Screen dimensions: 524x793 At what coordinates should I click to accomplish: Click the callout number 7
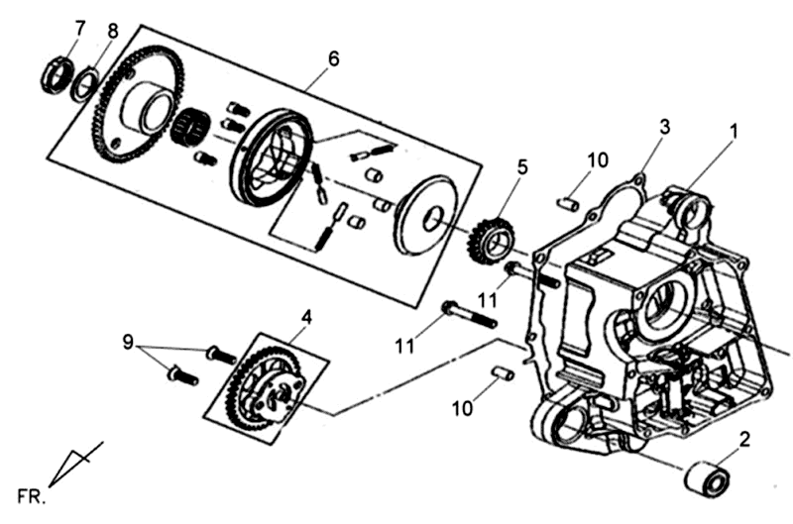[79, 26]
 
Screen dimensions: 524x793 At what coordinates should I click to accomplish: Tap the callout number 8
[112, 31]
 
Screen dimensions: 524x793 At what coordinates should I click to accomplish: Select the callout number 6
[333, 58]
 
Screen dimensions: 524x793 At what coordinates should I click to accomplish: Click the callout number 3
[665, 127]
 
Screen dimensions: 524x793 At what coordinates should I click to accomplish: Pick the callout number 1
[735, 130]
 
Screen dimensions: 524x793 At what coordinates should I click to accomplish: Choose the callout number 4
[307, 318]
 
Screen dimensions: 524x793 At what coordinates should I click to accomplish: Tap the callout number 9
[128, 341]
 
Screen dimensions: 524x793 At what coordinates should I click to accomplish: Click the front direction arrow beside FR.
[75, 464]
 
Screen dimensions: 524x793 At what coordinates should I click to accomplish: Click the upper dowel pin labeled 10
[569, 203]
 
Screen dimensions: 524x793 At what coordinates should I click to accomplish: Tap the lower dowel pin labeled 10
[502, 373]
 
